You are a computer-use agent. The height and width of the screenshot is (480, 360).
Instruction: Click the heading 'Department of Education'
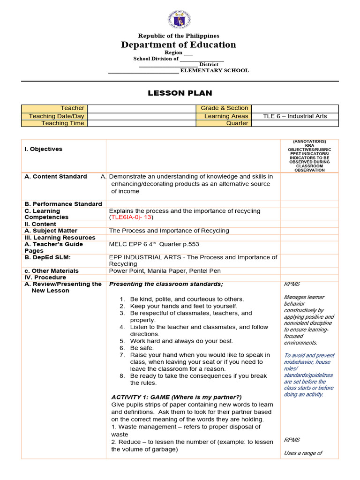click(178, 45)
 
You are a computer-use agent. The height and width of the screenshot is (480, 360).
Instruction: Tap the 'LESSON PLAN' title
click(180, 93)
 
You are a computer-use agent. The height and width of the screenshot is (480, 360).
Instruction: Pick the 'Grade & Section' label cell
click(224, 108)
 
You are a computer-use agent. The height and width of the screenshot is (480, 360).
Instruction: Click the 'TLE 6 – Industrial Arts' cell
click(295, 116)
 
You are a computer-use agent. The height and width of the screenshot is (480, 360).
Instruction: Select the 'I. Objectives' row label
click(43, 149)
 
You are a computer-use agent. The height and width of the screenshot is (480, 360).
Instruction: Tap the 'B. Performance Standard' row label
click(63, 204)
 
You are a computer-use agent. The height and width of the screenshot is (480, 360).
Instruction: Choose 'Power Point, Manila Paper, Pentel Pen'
click(165, 271)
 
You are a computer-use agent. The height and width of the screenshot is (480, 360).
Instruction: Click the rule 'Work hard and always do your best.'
click(181, 341)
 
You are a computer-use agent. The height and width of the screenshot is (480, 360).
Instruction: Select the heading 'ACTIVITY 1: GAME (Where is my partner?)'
click(176, 397)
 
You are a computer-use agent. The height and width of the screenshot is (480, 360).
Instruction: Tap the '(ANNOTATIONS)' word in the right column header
click(309, 142)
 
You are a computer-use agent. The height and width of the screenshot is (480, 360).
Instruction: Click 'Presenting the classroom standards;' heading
click(166, 284)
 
